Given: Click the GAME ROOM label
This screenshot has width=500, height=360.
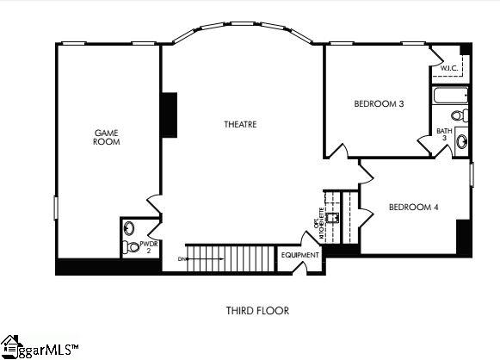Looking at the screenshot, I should [x=107, y=137].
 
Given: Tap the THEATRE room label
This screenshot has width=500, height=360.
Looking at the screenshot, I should [x=240, y=125].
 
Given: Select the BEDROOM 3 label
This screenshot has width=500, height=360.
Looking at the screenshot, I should [x=379, y=104].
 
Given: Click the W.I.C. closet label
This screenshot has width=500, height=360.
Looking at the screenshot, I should [x=449, y=67].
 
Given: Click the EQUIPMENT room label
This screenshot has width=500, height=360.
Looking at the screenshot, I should [x=299, y=256].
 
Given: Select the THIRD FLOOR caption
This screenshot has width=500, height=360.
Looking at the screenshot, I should [x=257, y=310].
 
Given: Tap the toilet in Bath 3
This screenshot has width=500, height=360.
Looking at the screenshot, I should [x=460, y=115].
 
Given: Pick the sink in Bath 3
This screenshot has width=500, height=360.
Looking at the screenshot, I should [x=462, y=141].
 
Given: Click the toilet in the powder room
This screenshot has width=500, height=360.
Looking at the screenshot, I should [x=130, y=229].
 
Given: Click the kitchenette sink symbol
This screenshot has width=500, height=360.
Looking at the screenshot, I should [x=334, y=216].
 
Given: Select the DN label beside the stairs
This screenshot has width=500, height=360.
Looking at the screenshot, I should [x=182, y=258].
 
